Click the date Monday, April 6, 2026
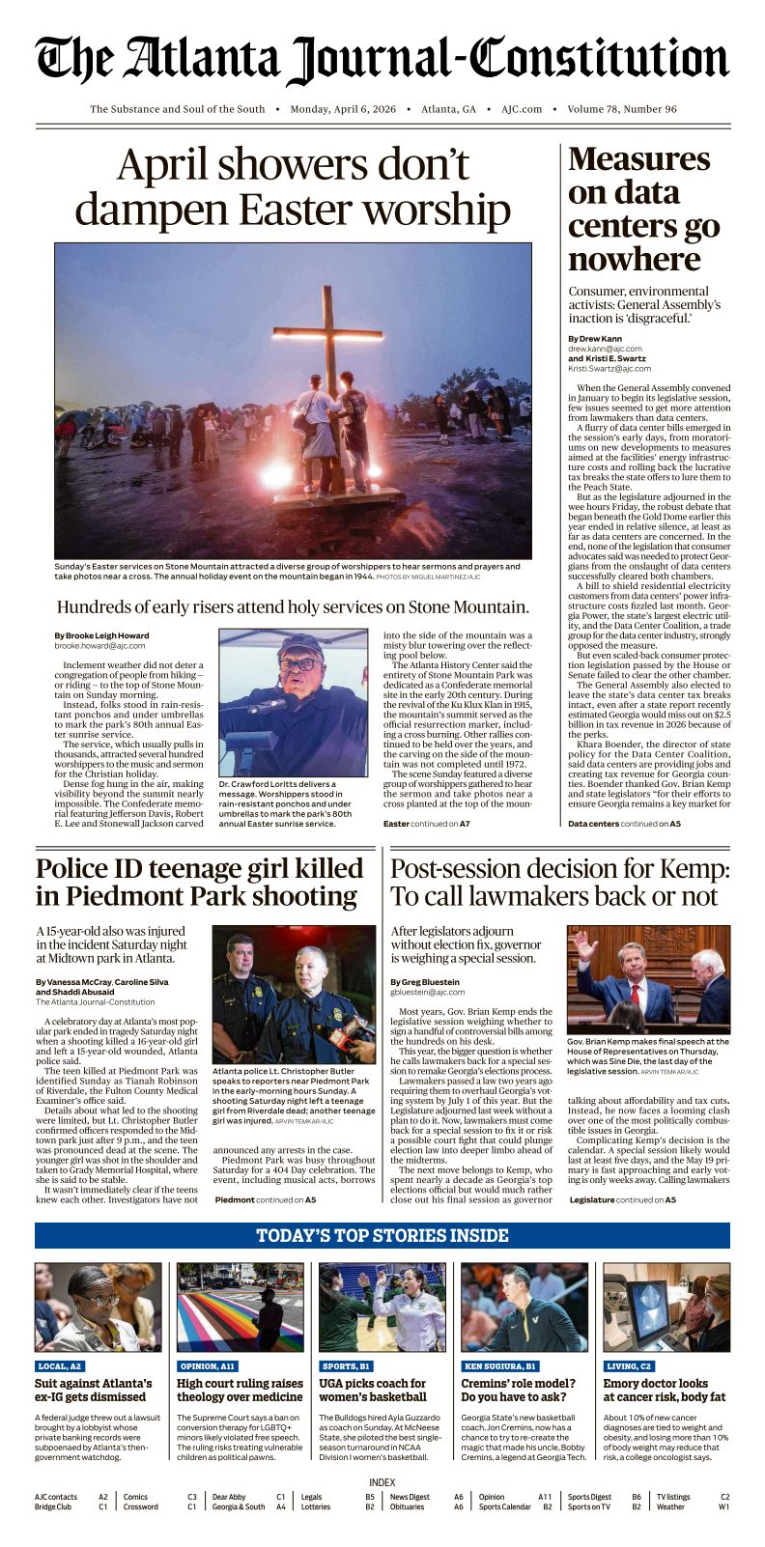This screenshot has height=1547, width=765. (343, 109)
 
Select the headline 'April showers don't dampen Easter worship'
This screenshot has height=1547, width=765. (293, 187)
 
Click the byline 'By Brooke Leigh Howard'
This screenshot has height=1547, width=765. (101, 635)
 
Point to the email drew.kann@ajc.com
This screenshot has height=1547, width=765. (605, 349)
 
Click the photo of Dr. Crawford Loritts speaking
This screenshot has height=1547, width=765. (293, 702)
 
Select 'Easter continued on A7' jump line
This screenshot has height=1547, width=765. (426, 824)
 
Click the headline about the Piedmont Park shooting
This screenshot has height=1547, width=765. (199, 882)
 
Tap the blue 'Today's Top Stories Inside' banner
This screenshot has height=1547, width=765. (382, 1235)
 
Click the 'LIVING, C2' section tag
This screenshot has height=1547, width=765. (629, 1366)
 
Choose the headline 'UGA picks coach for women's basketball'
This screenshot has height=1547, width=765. (373, 1390)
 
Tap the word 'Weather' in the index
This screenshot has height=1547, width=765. (670, 1506)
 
